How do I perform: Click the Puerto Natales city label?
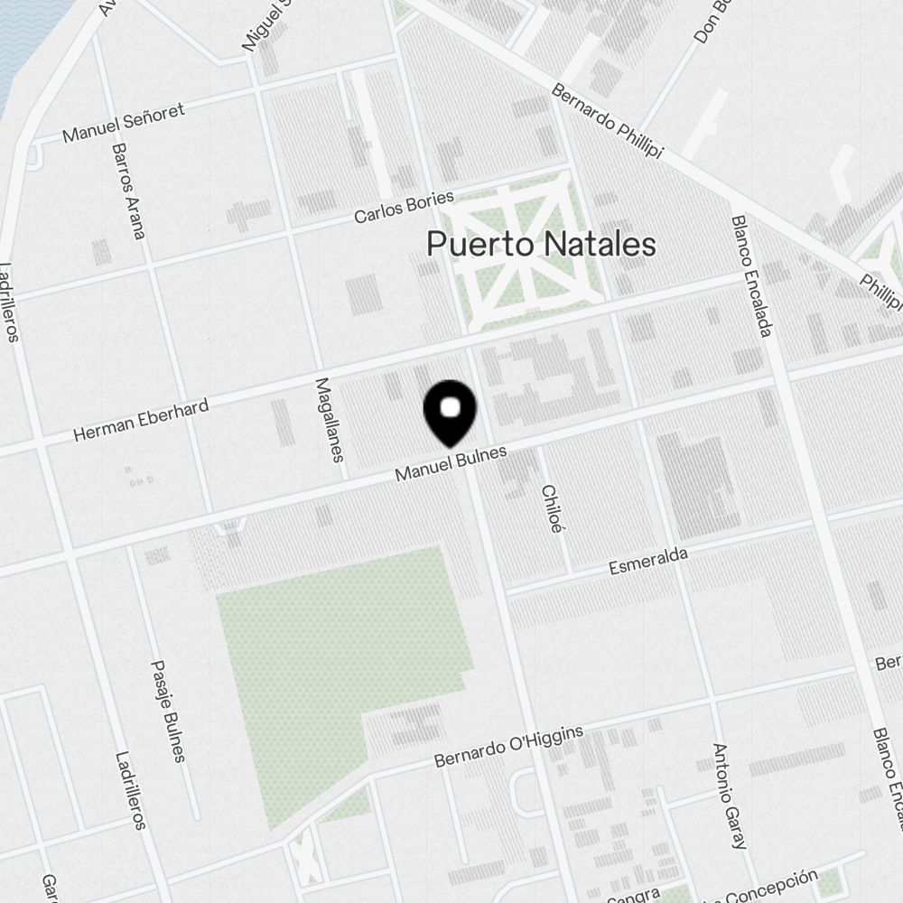(x=541, y=245)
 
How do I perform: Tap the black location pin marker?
(x=450, y=412)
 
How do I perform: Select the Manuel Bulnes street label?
(x=451, y=462)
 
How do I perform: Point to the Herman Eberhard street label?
(x=141, y=420)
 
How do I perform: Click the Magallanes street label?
(x=330, y=419)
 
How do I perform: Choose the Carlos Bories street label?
(x=404, y=207)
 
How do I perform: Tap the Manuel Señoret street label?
(x=123, y=122)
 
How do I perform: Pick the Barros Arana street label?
(x=128, y=191)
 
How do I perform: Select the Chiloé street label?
(x=551, y=508)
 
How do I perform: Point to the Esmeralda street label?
(x=648, y=560)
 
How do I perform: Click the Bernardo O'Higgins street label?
(x=508, y=746)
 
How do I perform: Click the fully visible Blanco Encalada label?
(x=751, y=275)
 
